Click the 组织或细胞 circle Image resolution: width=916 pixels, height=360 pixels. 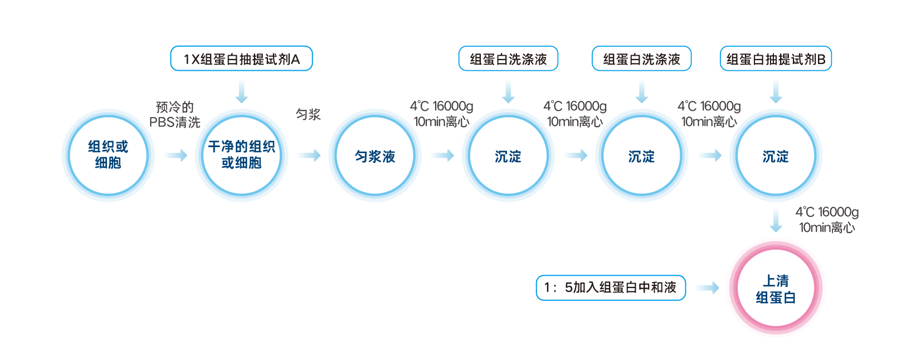(x=108, y=155)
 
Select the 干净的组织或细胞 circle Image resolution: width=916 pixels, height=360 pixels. (x=241, y=155)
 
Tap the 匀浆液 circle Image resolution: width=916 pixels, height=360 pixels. (x=375, y=156)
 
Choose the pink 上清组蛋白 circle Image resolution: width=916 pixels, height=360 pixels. (x=776, y=288)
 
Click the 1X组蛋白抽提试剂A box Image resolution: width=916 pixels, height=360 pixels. (x=241, y=59)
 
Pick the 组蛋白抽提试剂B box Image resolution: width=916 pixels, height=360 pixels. (x=776, y=59)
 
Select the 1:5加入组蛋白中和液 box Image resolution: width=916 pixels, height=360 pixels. (x=611, y=288)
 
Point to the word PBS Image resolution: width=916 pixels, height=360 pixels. (x=162, y=123)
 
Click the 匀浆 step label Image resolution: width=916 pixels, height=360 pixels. (x=308, y=115)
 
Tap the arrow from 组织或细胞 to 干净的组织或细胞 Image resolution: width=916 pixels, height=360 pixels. (x=176, y=155)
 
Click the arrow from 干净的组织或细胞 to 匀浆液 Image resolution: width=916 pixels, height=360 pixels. (x=309, y=155)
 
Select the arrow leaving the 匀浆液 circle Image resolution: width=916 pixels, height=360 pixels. (x=443, y=155)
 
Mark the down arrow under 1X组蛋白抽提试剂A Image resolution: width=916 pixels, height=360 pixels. (x=241, y=91)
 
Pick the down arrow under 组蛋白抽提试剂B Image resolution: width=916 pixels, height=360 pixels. (x=776, y=91)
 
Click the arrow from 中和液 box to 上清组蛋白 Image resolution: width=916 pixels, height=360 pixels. (x=708, y=288)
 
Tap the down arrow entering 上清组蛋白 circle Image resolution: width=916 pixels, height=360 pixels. (x=776, y=221)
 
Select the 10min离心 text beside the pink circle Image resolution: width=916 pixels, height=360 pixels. (x=827, y=227)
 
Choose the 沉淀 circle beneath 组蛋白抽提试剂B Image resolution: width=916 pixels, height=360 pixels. (x=776, y=156)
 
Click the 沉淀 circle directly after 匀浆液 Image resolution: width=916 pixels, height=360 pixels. (x=508, y=156)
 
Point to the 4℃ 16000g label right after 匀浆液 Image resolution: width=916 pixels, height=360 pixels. (x=441, y=106)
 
